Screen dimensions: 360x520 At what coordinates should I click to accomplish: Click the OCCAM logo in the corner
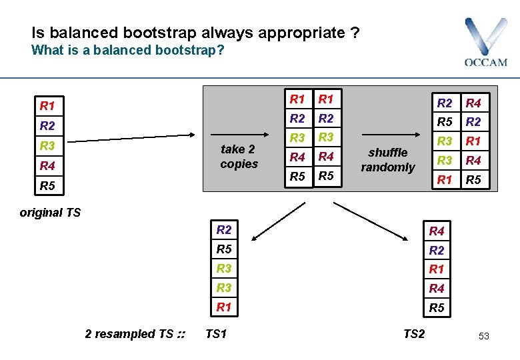[x=485, y=43]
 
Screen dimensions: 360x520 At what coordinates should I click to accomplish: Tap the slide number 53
[x=483, y=336]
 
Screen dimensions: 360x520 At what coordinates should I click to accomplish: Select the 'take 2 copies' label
[x=239, y=157]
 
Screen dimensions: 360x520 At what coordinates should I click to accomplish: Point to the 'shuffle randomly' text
[x=388, y=160]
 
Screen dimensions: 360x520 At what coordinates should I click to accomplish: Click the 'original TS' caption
[x=50, y=213]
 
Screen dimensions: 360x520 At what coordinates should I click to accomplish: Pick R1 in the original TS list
[x=47, y=105]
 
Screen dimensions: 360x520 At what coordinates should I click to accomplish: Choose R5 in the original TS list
[x=47, y=186]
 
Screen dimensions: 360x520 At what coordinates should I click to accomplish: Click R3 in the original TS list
[x=47, y=145]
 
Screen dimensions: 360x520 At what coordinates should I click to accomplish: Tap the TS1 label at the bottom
[x=216, y=333]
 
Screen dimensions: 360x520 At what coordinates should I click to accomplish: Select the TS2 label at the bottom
[x=413, y=333]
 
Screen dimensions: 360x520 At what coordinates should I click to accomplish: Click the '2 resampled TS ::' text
[x=135, y=333]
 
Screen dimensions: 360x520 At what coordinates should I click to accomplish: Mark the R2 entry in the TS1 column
[x=224, y=230]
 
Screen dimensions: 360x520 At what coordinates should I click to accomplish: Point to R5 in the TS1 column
[x=224, y=249]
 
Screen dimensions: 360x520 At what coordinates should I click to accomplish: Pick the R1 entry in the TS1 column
[x=224, y=307]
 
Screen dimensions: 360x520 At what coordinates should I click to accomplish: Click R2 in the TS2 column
[x=437, y=250]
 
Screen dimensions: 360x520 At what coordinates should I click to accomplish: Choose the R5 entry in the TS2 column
[x=437, y=308]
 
